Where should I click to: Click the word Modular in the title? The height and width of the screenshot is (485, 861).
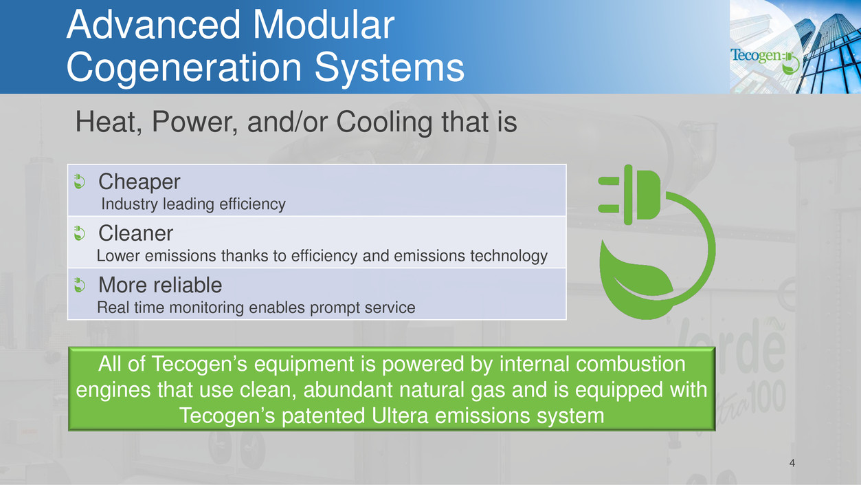(x=324, y=25)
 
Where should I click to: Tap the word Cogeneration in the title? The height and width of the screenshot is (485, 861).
(x=184, y=67)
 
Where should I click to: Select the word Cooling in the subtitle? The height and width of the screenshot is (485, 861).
(x=384, y=122)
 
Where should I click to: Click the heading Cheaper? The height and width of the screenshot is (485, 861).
(x=139, y=182)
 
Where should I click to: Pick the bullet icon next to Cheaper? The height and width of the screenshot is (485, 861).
(x=80, y=182)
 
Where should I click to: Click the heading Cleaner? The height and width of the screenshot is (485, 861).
(x=135, y=233)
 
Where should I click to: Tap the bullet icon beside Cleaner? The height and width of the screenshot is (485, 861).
(x=80, y=233)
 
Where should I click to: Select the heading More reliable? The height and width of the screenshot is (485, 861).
(x=160, y=285)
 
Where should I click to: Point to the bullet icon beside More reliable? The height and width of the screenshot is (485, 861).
(x=80, y=285)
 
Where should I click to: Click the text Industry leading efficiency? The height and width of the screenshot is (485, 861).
(x=193, y=204)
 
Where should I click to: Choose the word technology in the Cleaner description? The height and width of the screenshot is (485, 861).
(x=509, y=256)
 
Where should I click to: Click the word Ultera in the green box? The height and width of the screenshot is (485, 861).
(x=400, y=416)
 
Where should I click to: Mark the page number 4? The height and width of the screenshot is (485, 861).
(x=792, y=463)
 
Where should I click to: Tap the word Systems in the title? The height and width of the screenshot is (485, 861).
(x=390, y=67)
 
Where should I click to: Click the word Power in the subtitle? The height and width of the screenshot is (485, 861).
(x=195, y=122)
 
